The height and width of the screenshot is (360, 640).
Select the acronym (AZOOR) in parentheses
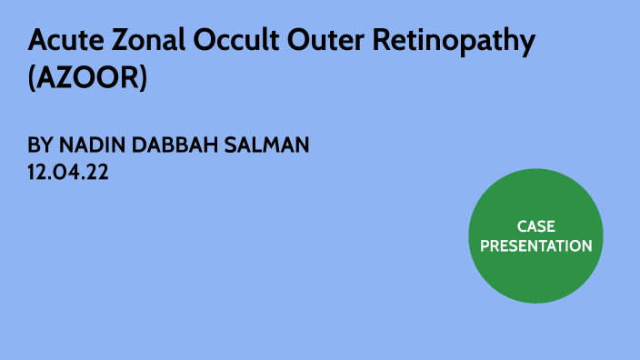click(x=87, y=78)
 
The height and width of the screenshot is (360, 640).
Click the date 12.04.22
click(x=69, y=173)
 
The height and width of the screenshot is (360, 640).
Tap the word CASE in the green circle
click(x=535, y=226)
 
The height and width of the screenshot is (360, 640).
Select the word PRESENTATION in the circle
click(x=535, y=245)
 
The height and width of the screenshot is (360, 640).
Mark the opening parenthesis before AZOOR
click(x=33, y=79)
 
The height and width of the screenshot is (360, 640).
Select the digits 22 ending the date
click(x=97, y=173)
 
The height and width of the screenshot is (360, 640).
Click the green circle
click(x=535, y=273)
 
